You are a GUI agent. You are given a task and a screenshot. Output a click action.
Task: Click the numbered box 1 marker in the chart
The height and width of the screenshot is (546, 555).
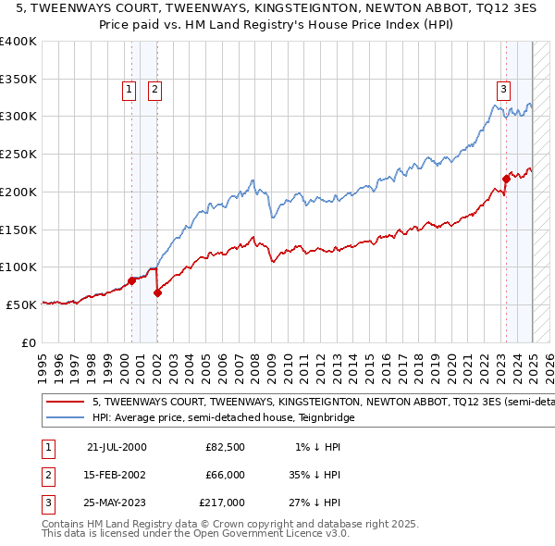(128, 90)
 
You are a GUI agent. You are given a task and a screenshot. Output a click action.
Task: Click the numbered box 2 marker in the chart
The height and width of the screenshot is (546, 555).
(154, 90)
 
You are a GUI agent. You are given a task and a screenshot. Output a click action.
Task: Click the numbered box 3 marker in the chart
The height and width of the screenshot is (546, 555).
(503, 90)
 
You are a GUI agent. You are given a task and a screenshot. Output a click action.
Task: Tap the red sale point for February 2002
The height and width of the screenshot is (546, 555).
(157, 292)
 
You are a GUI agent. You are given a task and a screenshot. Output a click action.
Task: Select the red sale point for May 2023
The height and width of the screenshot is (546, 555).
(506, 178)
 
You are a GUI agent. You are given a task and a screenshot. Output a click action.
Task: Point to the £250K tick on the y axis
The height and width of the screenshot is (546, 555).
(18, 154)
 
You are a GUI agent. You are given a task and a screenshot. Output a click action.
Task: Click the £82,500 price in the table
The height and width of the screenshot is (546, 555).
(225, 447)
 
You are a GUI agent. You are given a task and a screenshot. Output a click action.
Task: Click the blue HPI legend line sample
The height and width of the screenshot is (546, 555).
(66, 417)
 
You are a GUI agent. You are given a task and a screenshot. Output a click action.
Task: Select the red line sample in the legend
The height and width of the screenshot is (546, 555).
(66, 403)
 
